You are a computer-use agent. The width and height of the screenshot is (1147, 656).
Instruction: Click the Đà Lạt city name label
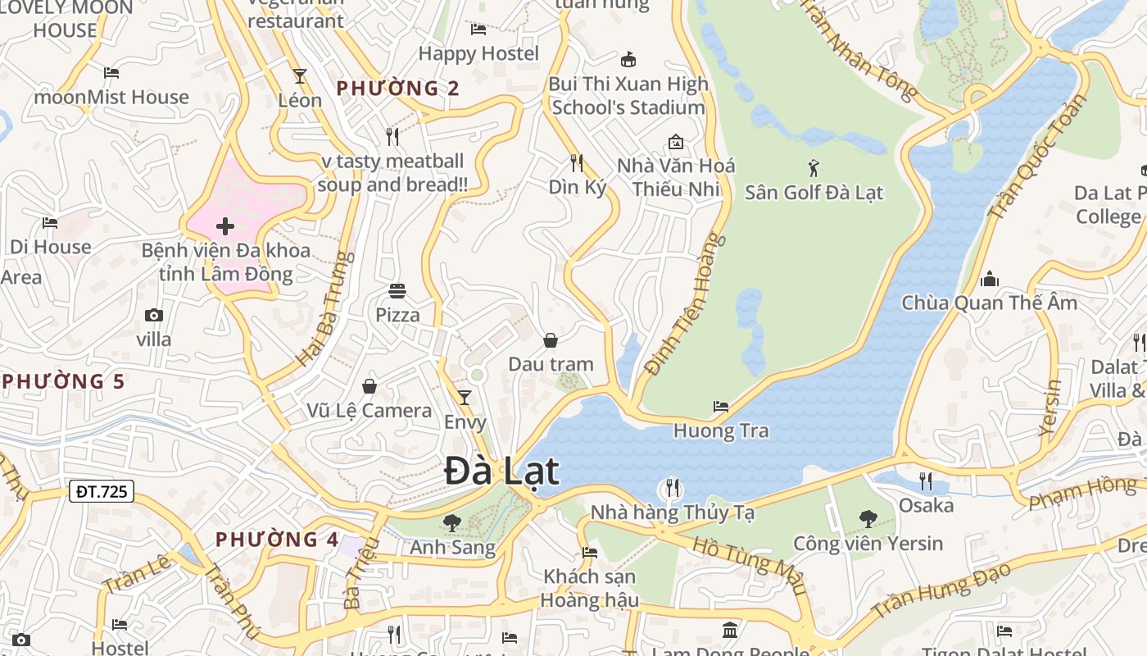point(501,471)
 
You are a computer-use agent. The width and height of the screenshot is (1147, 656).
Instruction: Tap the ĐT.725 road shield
point(102,491)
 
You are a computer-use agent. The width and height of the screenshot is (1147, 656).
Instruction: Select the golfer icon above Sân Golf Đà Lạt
point(813,169)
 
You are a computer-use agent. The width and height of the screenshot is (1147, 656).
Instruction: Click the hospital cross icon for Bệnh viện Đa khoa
point(225,226)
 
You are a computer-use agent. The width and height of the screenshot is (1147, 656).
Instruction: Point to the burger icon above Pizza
point(397,291)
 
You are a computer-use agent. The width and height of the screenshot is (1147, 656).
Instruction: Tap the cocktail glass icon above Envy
point(465,398)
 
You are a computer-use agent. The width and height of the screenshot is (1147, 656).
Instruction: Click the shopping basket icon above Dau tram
point(551,339)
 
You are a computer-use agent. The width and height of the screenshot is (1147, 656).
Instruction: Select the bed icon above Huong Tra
point(720,406)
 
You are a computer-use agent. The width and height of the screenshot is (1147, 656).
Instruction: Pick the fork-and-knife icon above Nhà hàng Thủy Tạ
point(672,488)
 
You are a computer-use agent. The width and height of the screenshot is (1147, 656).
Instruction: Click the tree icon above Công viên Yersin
point(868,518)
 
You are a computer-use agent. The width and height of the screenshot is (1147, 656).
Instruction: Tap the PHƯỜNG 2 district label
point(398,88)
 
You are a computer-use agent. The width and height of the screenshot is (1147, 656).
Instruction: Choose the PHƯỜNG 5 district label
point(64,381)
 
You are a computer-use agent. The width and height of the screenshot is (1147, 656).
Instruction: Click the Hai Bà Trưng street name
point(322,309)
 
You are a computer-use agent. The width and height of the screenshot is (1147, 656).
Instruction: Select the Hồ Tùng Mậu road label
point(749,566)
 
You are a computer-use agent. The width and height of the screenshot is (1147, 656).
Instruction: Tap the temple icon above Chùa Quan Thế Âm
point(990,279)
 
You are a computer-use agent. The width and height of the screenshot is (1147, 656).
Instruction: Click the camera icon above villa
point(153,315)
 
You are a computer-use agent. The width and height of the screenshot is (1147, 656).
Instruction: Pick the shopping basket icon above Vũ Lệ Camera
point(369,385)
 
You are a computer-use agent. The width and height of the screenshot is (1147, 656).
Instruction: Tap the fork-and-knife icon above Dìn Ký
point(577,162)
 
